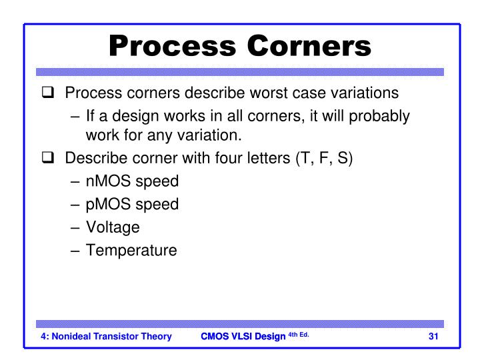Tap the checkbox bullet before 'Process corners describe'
point(47,93)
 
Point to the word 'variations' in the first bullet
point(365,93)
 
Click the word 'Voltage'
point(113,227)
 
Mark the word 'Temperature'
point(131,250)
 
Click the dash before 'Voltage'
point(75,227)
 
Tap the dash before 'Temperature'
point(75,250)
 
